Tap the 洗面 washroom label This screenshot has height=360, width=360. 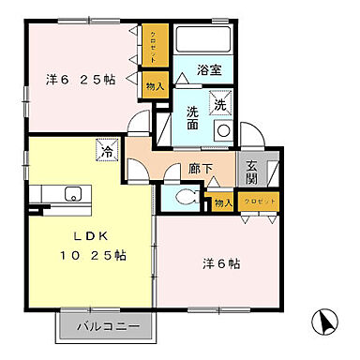[x=191, y=117]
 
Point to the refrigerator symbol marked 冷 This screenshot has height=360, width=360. [x=109, y=148]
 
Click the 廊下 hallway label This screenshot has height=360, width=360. [x=200, y=170]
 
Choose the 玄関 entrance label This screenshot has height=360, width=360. [x=252, y=173]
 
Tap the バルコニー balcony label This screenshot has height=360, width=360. [x=108, y=327]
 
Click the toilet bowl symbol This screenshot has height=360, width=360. [x=186, y=197]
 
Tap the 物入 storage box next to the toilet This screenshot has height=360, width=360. [x=221, y=201]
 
